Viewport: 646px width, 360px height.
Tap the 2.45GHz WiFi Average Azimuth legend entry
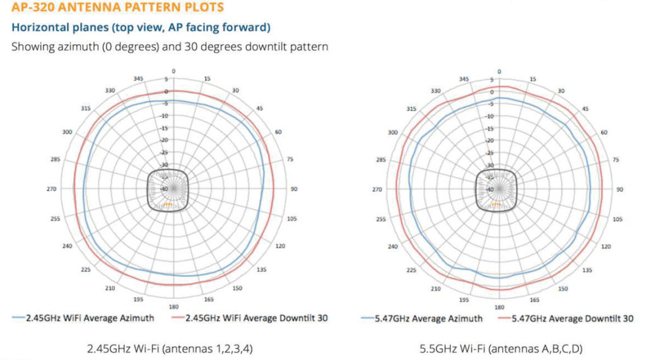point(88,318)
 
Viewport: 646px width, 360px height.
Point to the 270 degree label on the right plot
point(377,189)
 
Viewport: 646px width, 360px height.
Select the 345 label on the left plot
point(139,78)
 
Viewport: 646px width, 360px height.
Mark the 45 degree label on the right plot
point(585,108)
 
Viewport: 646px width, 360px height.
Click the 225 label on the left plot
point(86,270)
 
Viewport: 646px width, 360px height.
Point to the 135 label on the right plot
point(586,270)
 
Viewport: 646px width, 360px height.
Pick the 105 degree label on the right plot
point(618,219)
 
